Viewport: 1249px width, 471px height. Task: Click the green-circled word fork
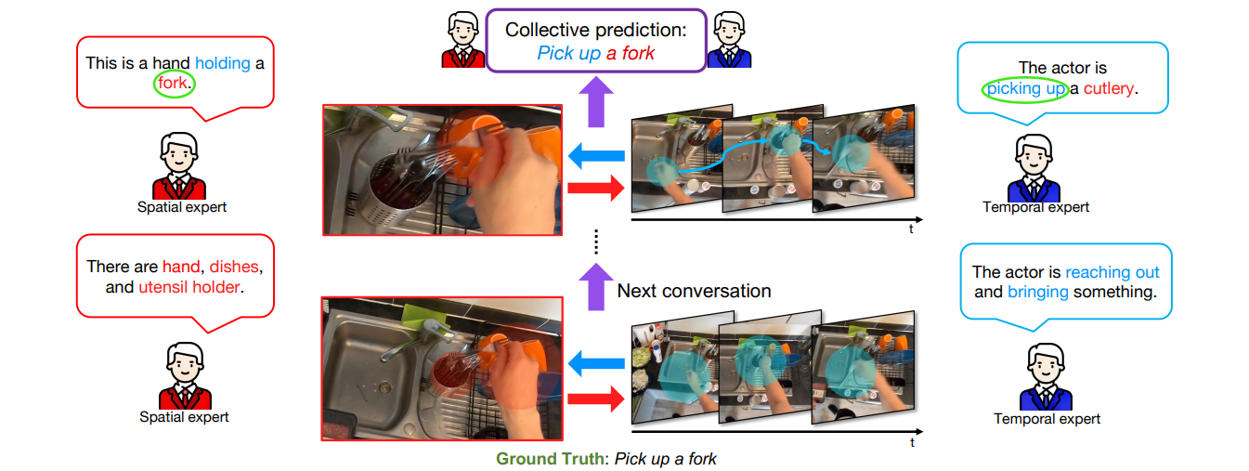(x=173, y=85)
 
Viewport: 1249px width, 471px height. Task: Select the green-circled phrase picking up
(x=1025, y=88)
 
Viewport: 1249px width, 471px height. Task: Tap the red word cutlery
(x=1109, y=88)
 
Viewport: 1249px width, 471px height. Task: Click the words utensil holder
(x=189, y=287)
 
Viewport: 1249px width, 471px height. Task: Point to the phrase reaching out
(x=1112, y=272)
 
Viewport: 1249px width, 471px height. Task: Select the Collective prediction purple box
(x=595, y=41)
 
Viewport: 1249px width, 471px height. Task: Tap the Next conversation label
(x=694, y=291)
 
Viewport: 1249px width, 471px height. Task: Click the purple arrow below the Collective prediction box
(x=595, y=99)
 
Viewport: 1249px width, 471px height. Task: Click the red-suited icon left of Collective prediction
(x=462, y=41)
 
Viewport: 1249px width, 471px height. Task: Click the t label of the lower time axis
(x=912, y=442)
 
